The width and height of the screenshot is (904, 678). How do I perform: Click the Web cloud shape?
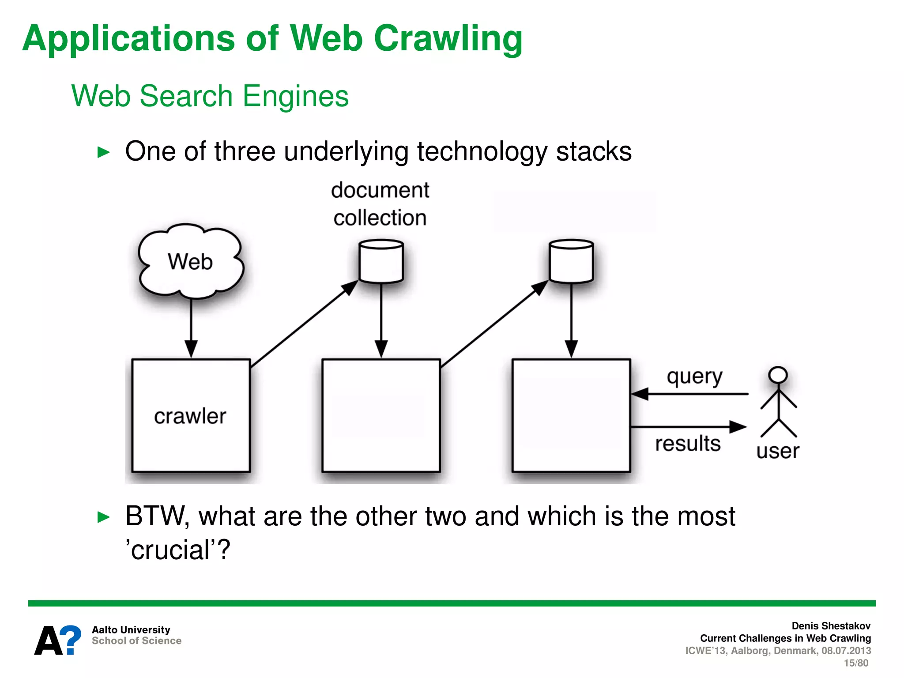pyautogui.click(x=191, y=261)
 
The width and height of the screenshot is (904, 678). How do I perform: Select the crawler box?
pyautogui.click(x=191, y=416)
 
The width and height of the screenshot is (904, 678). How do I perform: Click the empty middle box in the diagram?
pyautogui.click(x=381, y=416)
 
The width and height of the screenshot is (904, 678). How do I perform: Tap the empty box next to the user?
pyautogui.click(x=571, y=416)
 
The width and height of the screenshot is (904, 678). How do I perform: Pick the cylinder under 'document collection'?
pyautogui.click(x=381, y=261)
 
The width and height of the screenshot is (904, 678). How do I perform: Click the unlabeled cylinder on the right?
pyautogui.click(x=571, y=261)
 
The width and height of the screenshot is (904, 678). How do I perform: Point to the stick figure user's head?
pyautogui.click(x=778, y=375)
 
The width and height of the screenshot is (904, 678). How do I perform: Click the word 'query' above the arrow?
pyautogui.click(x=694, y=377)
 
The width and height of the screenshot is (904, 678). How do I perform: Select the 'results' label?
pyautogui.click(x=687, y=444)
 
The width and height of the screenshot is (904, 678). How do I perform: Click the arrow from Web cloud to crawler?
pyautogui.click(x=191, y=327)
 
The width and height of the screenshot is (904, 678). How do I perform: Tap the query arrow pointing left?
pyautogui.click(x=689, y=393)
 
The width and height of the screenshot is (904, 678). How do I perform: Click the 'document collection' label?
pyautogui.click(x=380, y=204)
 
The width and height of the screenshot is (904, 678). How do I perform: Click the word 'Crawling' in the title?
pyautogui.click(x=448, y=39)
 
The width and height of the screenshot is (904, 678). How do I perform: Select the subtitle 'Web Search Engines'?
pyautogui.click(x=210, y=96)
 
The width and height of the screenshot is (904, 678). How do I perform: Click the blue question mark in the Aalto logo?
pyautogui.click(x=71, y=640)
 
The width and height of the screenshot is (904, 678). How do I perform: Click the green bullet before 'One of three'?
pyautogui.click(x=103, y=152)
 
